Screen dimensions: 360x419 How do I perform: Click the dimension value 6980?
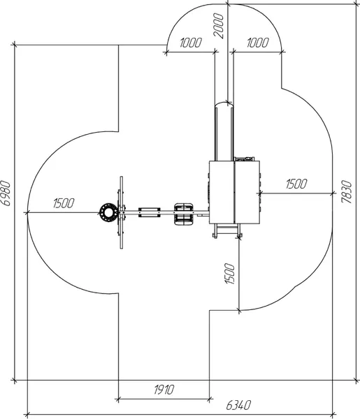pyautogui.click(x=6, y=193)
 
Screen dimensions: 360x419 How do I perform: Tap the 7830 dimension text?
pyautogui.click(x=347, y=192)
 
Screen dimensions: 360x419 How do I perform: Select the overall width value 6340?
pyautogui.click(x=238, y=405)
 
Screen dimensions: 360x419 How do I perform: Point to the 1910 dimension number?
pyautogui.click(x=164, y=390)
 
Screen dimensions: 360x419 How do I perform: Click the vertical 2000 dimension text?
pyautogui.click(x=219, y=26)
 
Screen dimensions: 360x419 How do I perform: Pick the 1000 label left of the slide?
pyautogui.click(x=190, y=43)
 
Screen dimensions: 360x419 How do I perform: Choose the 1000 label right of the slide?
pyautogui.click(x=257, y=43)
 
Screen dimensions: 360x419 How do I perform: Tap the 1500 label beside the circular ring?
pyautogui.click(x=64, y=203)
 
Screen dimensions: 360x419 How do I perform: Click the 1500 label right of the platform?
pyautogui.click(x=296, y=184)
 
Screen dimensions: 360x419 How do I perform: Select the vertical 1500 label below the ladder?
pyautogui.click(x=229, y=273)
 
